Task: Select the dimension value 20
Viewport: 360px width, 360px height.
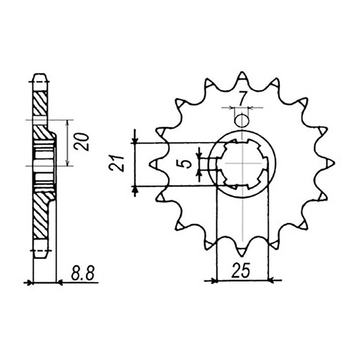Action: click(x=81, y=142)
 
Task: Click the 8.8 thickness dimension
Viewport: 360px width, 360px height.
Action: click(x=82, y=279)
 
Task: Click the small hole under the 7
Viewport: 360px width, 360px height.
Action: click(x=242, y=120)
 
